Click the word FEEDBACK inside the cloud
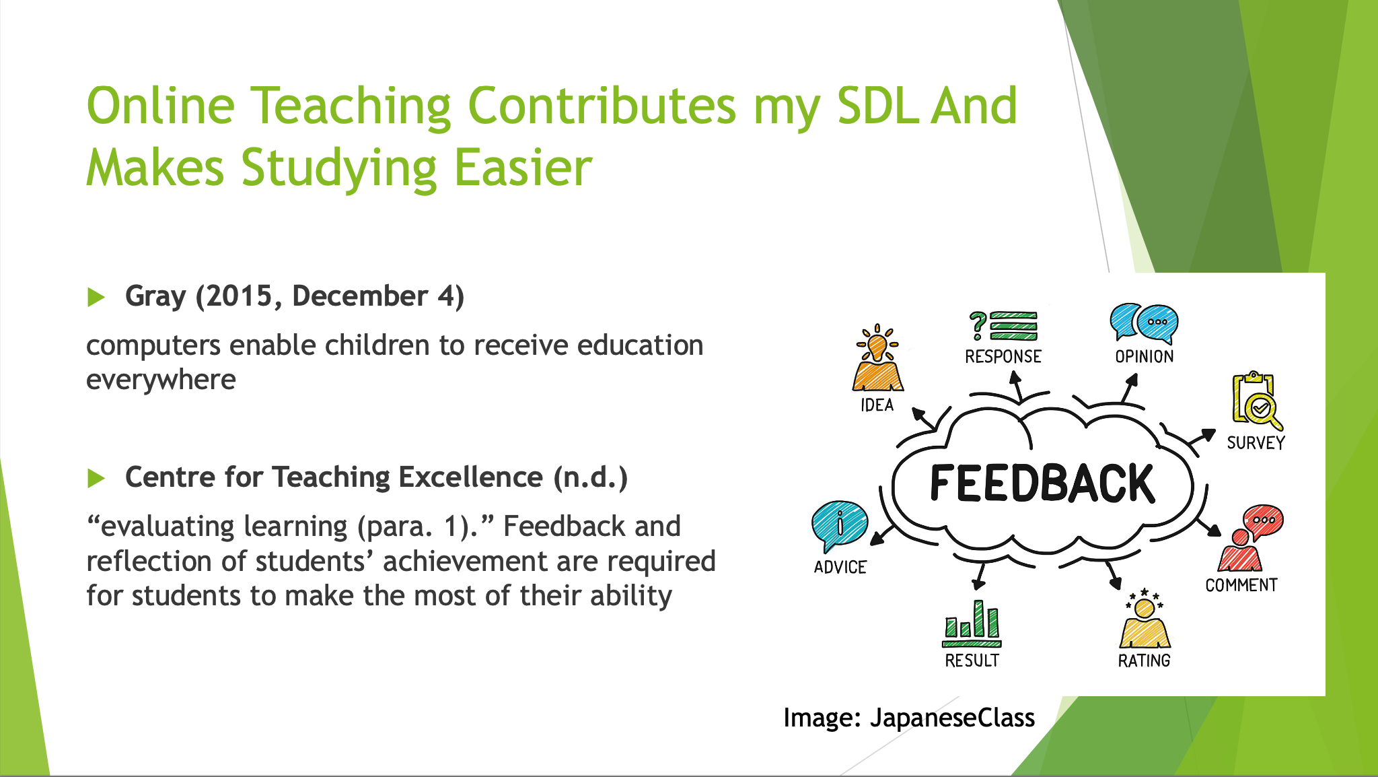pyautogui.click(x=1042, y=483)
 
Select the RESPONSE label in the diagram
pyautogui.click(x=1003, y=357)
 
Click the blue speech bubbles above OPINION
pyautogui.click(x=1144, y=323)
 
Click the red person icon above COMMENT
pyautogui.click(x=1249, y=538)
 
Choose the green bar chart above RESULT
pyautogui.click(x=972, y=623)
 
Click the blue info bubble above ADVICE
pyautogui.click(x=839, y=526)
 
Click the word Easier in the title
pyautogui.click(x=523, y=168)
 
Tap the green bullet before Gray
pyautogui.click(x=96, y=297)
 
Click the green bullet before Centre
pyautogui.click(x=96, y=479)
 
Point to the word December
pyautogui.click(x=360, y=296)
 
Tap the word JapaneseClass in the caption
pyautogui.click(x=952, y=718)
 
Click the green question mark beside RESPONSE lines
pyautogui.click(x=978, y=326)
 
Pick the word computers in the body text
pyautogui.click(x=153, y=346)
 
